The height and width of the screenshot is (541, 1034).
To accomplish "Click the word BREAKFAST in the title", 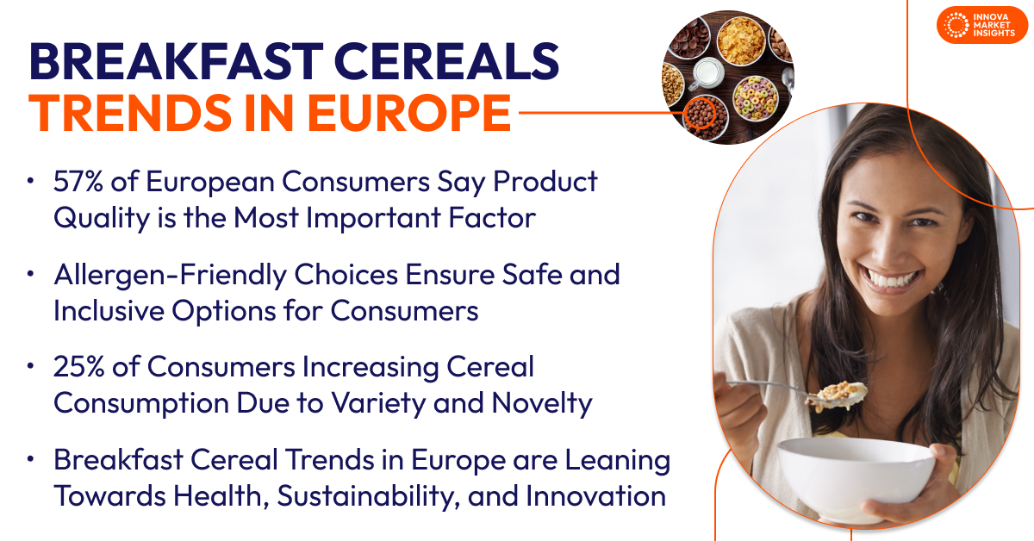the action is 176,62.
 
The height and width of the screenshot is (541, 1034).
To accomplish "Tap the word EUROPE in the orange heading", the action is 409,113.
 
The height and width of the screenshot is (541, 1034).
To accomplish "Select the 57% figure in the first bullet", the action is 78,181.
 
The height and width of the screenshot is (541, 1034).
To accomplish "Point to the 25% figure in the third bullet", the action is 79,366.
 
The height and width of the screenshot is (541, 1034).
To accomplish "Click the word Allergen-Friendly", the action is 170,275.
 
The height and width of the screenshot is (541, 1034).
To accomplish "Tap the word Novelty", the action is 542,403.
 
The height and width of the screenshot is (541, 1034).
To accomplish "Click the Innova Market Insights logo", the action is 981,25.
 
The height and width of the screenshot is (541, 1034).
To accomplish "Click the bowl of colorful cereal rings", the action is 756,98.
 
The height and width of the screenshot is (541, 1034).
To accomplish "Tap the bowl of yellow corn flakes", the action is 740,40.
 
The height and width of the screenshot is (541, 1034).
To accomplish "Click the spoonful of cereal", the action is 838,395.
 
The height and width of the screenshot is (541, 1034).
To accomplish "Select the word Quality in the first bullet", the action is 101,218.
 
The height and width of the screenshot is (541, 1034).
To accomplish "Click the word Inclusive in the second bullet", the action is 109,310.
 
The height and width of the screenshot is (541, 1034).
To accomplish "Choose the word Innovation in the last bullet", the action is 595,495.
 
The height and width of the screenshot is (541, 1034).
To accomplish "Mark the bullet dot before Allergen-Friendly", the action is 30,274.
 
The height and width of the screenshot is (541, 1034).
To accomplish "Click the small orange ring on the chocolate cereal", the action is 700,113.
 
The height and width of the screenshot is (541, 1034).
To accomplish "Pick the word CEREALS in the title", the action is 447,62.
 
